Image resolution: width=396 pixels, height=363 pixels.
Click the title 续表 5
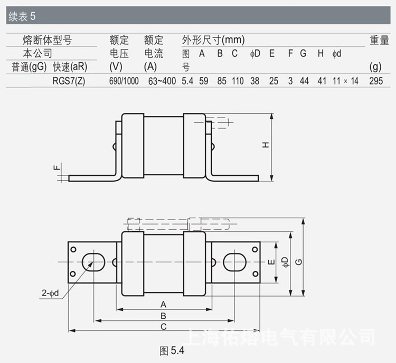point(22,16)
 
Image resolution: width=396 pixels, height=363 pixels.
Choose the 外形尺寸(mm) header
point(213,40)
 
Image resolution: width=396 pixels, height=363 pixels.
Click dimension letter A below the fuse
point(164,305)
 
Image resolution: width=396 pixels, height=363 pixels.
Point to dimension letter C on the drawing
point(164,327)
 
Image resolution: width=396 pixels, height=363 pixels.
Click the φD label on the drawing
point(285,262)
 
